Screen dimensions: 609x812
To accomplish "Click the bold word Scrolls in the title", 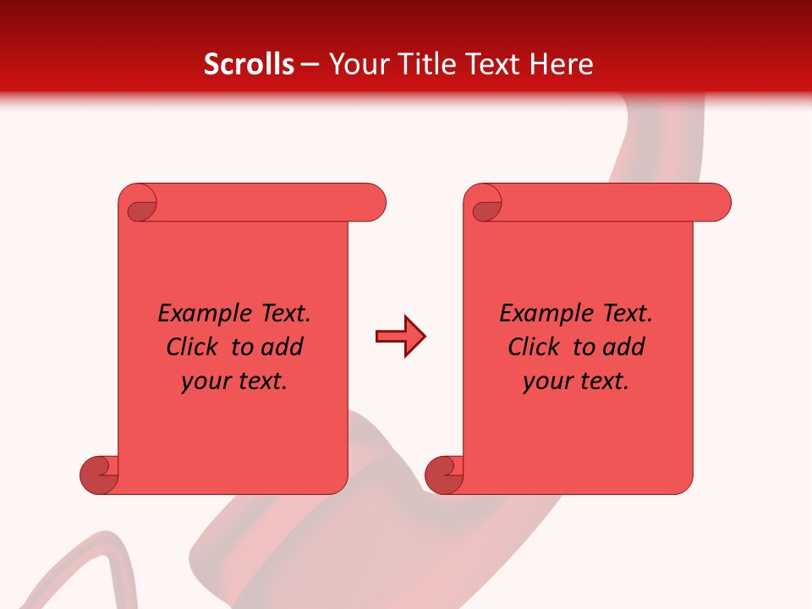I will [x=249, y=64].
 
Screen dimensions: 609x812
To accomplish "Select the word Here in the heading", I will [x=562, y=64].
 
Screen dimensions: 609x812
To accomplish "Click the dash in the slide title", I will [x=310, y=64].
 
